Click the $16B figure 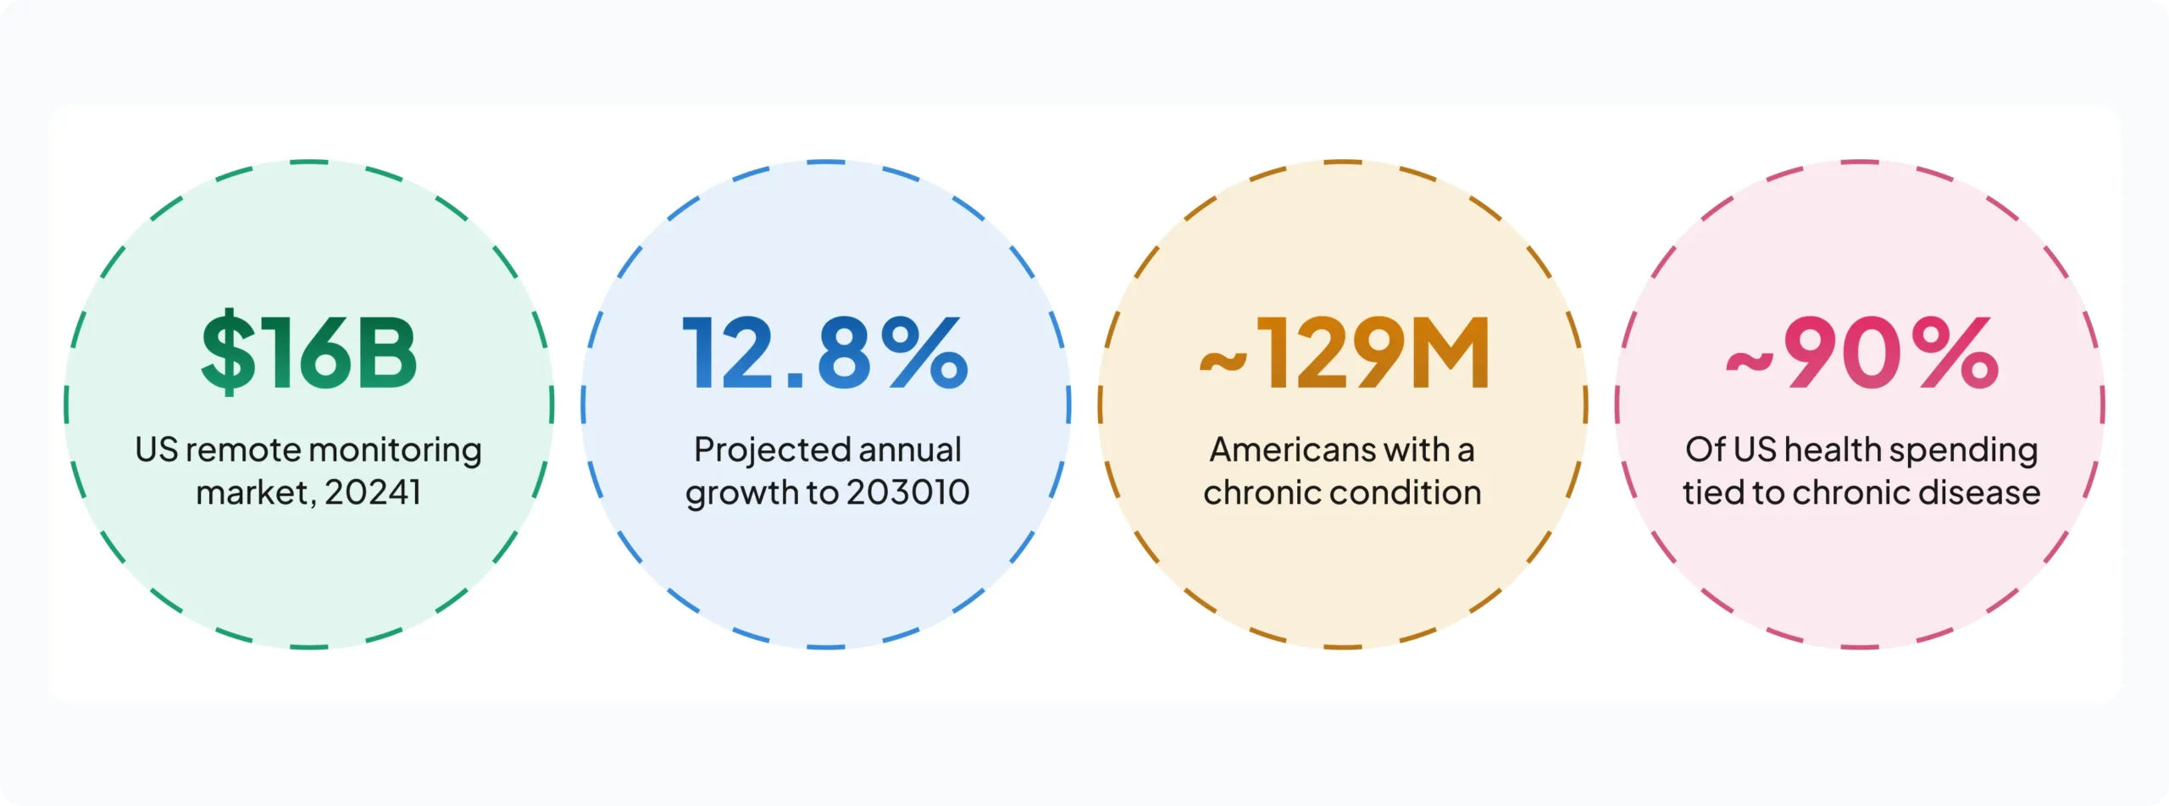click(309, 352)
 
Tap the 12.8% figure click(825, 352)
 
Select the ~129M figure click(1345, 352)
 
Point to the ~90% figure click(1862, 352)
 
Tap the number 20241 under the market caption click(373, 493)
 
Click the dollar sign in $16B click(228, 352)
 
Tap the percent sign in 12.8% click(924, 352)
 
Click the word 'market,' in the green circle click(257, 494)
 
